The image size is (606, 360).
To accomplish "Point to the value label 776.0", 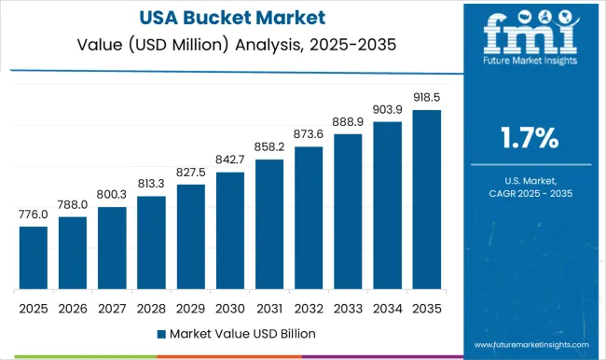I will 33,215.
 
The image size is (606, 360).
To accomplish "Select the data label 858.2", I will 269,147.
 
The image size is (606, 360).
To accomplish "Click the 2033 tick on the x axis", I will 349,307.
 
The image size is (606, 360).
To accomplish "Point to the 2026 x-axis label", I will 73,307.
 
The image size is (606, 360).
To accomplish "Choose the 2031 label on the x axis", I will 269,307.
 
